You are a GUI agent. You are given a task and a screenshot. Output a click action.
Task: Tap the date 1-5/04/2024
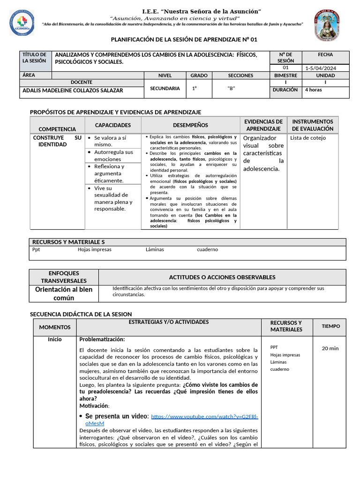(321, 68)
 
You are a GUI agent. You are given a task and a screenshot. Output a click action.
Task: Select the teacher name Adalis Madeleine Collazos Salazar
(73, 90)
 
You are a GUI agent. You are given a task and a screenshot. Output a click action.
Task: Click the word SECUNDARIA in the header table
(165, 88)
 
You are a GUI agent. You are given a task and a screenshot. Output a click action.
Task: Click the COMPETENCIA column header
(57, 129)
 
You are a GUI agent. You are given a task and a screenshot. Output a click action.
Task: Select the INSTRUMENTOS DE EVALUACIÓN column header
(312, 125)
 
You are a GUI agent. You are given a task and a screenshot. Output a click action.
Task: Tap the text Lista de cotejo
(308, 138)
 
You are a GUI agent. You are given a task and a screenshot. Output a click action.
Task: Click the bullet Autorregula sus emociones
(113, 156)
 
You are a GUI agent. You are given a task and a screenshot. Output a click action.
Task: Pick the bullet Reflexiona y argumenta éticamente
(112, 173)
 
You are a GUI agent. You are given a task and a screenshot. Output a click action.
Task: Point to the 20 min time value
(330, 348)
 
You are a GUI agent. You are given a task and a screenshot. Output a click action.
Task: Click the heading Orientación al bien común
(64, 293)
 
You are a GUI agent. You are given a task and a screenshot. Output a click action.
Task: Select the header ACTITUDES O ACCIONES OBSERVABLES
(222, 277)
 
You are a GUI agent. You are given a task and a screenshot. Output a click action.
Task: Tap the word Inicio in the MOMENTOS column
(55, 339)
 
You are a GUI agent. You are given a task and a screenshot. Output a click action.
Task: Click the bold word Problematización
(102, 339)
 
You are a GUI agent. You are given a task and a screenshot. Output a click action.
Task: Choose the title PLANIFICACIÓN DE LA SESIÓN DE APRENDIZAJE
(184, 40)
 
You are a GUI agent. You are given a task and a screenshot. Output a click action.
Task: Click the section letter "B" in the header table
(231, 88)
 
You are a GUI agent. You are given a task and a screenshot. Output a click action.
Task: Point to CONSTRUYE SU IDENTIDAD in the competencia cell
(57, 141)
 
